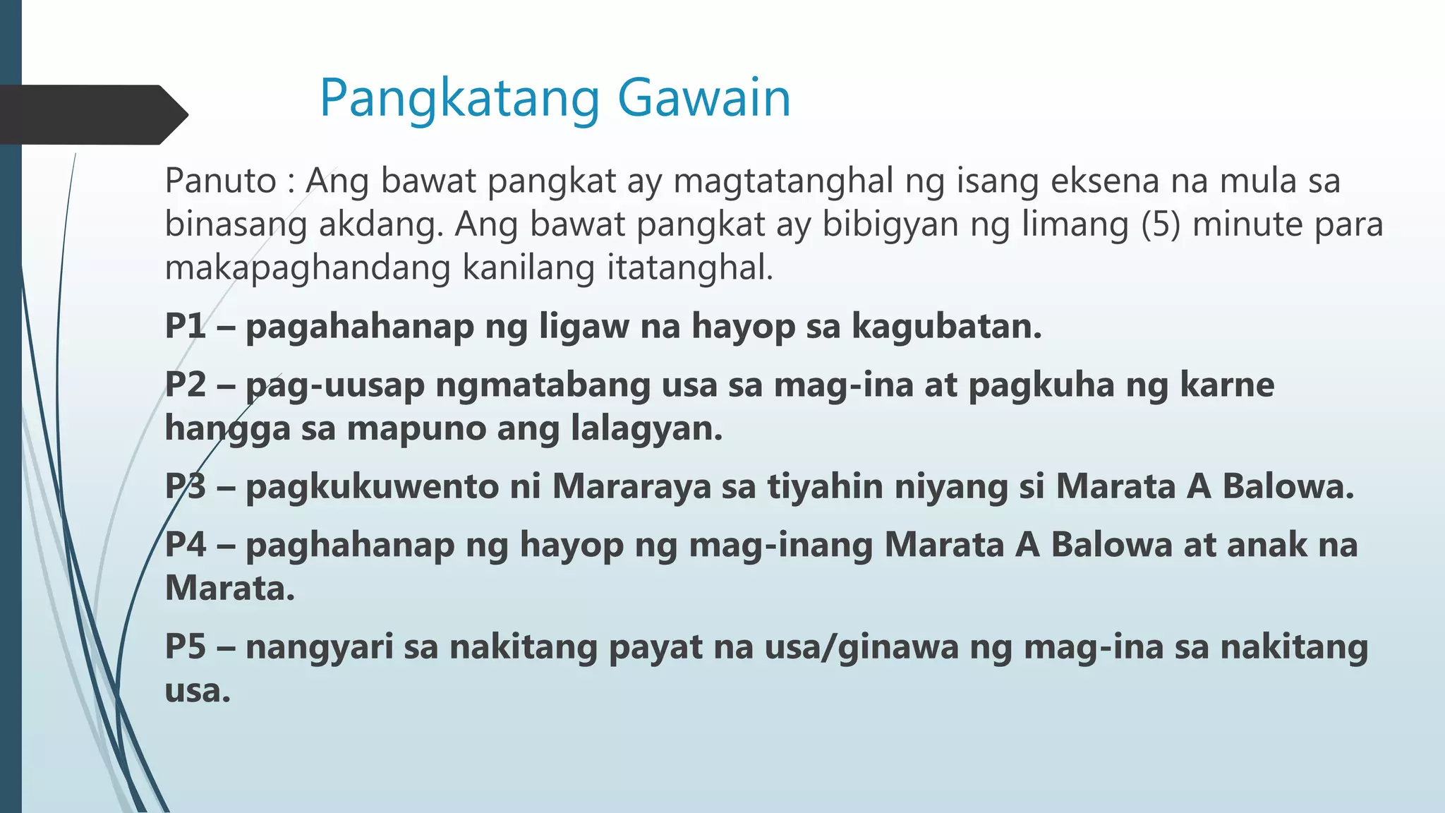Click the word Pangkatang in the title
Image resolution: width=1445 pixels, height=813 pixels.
click(x=459, y=99)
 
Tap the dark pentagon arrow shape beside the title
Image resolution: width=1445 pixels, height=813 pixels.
click(x=92, y=114)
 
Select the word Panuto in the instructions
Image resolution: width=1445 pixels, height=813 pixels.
click(x=220, y=181)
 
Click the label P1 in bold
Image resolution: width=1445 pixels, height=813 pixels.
click(x=185, y=326)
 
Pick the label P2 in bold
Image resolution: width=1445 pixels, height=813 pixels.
click(x=186, y=385)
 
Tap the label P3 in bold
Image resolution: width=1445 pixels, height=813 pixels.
click(x=186, y=486)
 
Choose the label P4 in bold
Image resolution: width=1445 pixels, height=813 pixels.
click(x=186, y=545)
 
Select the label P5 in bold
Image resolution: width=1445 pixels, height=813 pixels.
click(x=186, y=646)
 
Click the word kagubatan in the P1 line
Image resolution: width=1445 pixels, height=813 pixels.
click(x=946, y=326)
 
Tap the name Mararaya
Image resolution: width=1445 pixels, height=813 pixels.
click(x=631, y=486)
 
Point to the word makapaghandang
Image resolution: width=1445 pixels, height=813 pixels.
click(x=307, y=268)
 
